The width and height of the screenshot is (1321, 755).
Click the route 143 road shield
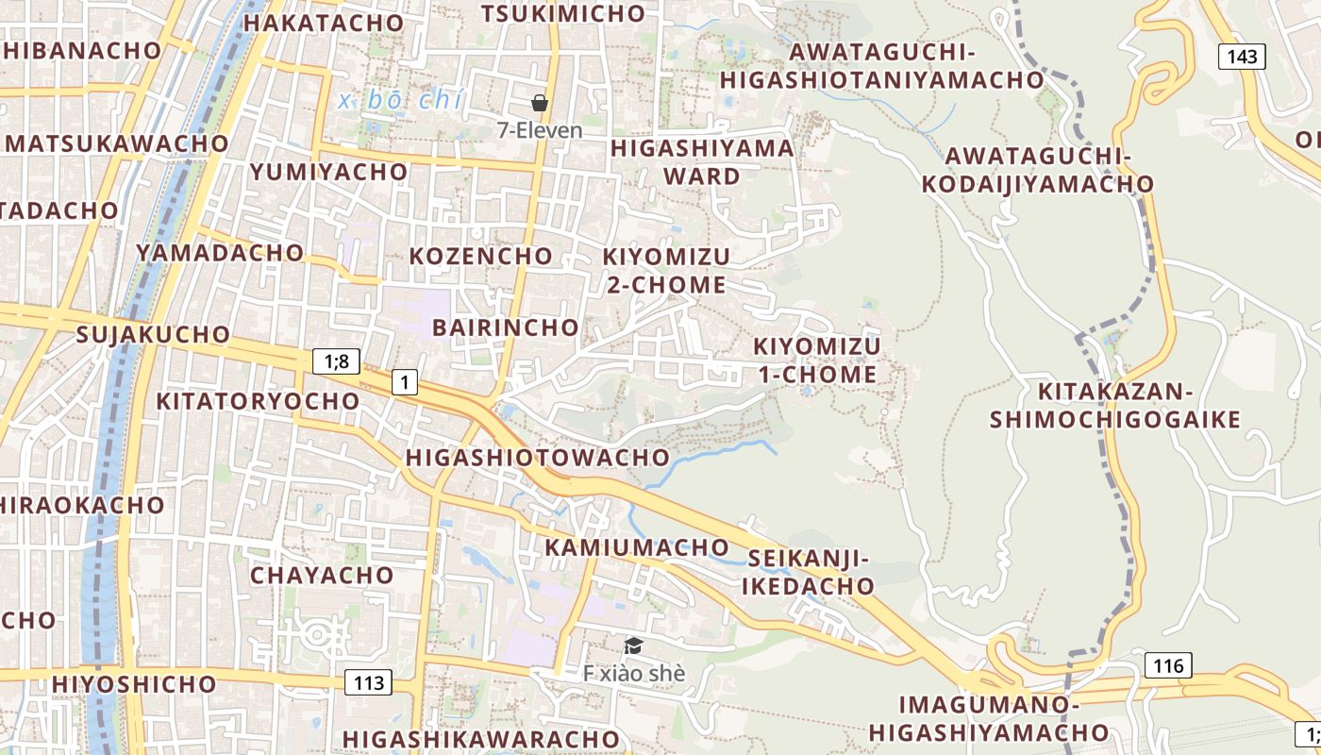click(1242, 57)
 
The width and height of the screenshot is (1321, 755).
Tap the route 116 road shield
click(1168, 665)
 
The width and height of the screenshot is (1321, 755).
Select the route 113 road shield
click(368, 681)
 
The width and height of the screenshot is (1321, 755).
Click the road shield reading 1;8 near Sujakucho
click(336, 361)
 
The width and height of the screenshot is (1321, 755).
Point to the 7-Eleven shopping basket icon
click(540, 103)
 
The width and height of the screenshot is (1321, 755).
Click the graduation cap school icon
click(633, 646)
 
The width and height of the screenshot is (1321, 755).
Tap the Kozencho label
click(480, 256)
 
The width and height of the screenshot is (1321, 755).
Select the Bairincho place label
click(505, 327)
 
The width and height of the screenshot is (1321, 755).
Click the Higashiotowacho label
click(537, 458)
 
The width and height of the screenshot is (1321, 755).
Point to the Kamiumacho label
click(637, 547)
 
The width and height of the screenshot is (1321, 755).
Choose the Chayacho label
click(322, 575)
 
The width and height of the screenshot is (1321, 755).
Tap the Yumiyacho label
click(328, 172)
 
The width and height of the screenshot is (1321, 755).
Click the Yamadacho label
click(220, 253)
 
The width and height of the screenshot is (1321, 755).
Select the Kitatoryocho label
click(258, 401)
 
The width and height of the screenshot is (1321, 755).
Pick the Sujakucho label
click(153, 334)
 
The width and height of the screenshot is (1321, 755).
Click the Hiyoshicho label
click(134, 683)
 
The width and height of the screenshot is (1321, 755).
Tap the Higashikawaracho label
click(481, 739)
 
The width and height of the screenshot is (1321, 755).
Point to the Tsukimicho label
click(563, 13)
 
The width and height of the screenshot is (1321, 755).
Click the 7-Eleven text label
click(540, 130)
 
